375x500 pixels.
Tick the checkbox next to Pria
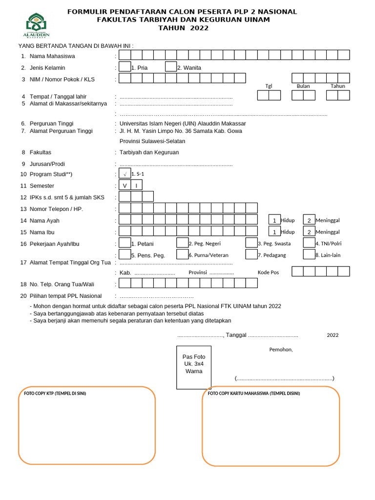pos(125,67)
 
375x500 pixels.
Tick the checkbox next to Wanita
pos(171,67)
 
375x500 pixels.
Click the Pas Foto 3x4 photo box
pos(194,367)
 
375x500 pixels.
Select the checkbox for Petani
pos(125,243)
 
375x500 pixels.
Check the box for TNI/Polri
pos(309,243)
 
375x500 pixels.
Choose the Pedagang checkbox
pos(251,254)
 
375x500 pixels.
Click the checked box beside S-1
pos(125,173)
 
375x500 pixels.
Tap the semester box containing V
pos(125,186)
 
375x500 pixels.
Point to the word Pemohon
pos(281,350)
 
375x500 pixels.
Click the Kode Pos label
pos(268,272)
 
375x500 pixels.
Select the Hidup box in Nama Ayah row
pos(274,220)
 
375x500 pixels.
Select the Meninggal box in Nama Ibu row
pos(309,232)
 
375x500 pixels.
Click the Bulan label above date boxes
pos(303,86)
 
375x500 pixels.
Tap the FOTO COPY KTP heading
pos(55,393)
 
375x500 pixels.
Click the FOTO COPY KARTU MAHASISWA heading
pos(254,393)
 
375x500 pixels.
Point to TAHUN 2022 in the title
pos(184,28)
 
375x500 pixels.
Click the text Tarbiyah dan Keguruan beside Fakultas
pos(149,152)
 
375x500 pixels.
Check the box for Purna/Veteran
pos(182,254)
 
